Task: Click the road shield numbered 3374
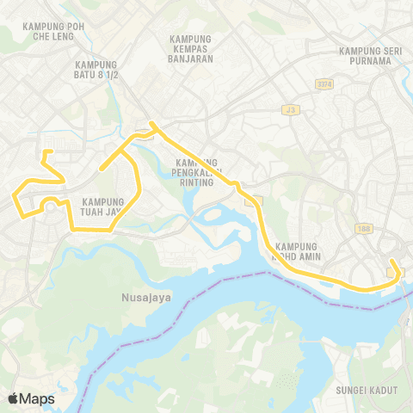[324, 83]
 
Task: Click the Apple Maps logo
[31, 398]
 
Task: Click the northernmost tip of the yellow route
[152, 124]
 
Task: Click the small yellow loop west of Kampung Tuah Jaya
[51, 202]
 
